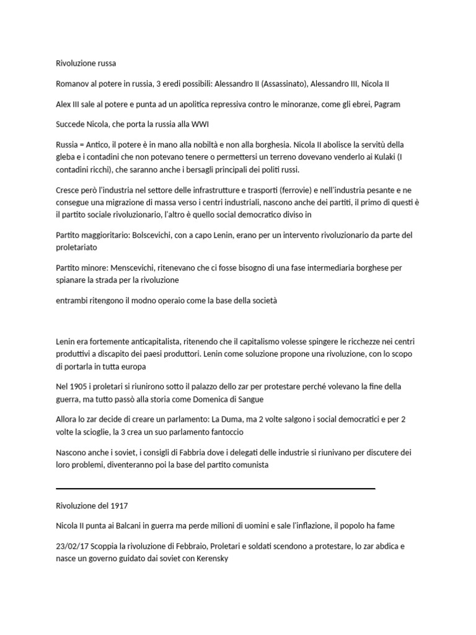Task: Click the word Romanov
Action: pyautogui.click(x=73, y=84)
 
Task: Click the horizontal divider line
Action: pyautogui.click(x=216, y=488)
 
